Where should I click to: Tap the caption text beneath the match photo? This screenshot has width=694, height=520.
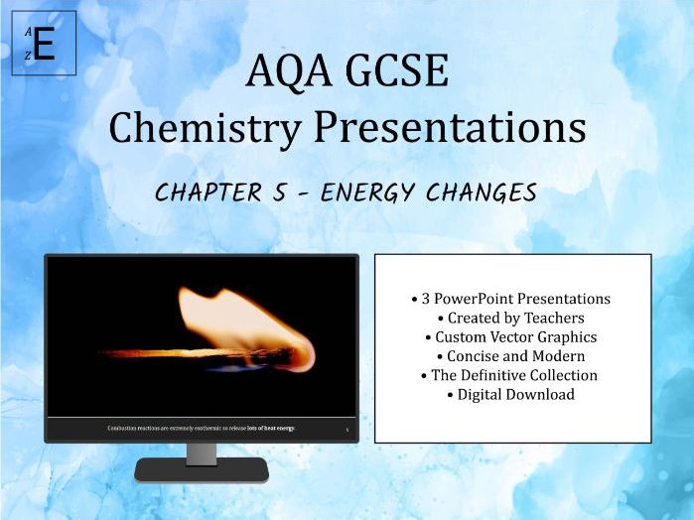coord(201,428)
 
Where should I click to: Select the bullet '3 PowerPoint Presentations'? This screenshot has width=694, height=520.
coord(510,298)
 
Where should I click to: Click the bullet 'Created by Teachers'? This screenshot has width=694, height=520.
coord(510,318)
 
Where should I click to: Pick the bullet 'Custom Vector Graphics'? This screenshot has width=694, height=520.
coord(510,336)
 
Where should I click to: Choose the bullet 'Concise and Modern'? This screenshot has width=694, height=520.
coord(510,355)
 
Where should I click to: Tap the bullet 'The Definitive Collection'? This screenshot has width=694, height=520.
coord(510,375)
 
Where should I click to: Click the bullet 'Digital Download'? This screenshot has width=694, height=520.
coord(510,394)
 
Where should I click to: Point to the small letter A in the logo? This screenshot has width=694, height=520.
coord(29,32)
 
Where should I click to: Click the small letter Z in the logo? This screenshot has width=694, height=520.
coord(29,57)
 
